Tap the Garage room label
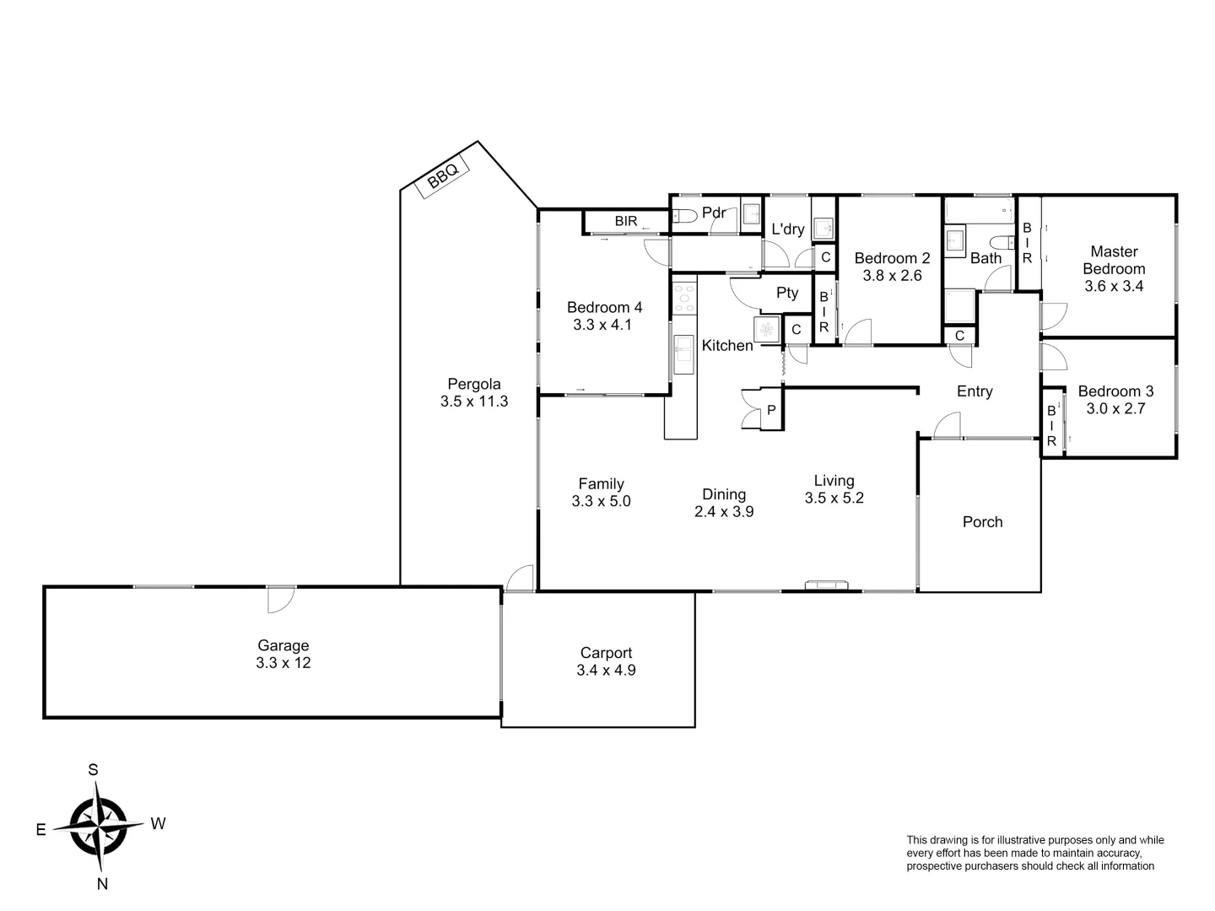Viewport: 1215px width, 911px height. pyautogui.click(x=283, y=646)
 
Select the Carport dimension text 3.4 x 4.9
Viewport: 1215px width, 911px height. pyautogui.click(x=606, y=671)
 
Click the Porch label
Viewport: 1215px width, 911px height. pyautogui.click(x=982, y=522)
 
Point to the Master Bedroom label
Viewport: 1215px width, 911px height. pyautogui.click(x=1114, y=260)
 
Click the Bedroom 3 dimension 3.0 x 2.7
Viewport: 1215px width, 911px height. pyautogui.click(x=1115, y=409)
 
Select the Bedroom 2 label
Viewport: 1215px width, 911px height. pyautogui.click(x=892, y=258)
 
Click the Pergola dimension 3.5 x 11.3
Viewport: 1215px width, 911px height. pyautogui.click(x=474, y=402)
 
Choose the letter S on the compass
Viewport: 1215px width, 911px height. pyautogui.click(x=94, y=769)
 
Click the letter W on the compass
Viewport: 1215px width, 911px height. pyautogui.click(x=158, y=824)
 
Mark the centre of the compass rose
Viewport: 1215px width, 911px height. pyautogui.click(x=99, y=826)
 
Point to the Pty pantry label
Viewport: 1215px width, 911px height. pyautogui.click(x=786, y=293)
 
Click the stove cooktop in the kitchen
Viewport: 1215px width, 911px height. pyautogui.click(x=684, y=298)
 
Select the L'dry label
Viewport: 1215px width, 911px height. pyautogui.click(x=788, y=229)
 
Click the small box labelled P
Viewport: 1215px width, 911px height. pyautogui.click(x=771, y=410)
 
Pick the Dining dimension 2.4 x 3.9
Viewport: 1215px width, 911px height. pyautogui.click(x=724, y=511)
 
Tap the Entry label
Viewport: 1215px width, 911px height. pyautogui.click(x=975, y=391)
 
